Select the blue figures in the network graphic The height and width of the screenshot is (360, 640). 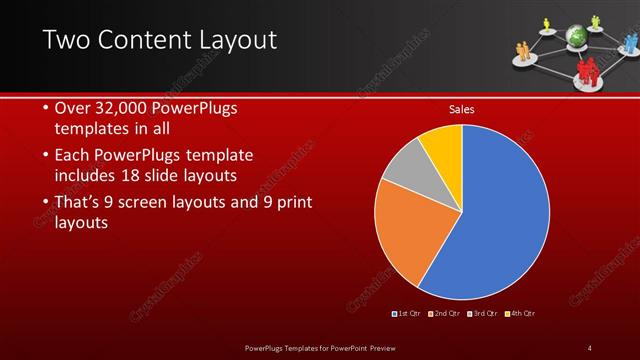click(x=631, y=42)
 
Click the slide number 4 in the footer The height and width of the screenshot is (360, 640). click(x=589, y=347)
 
